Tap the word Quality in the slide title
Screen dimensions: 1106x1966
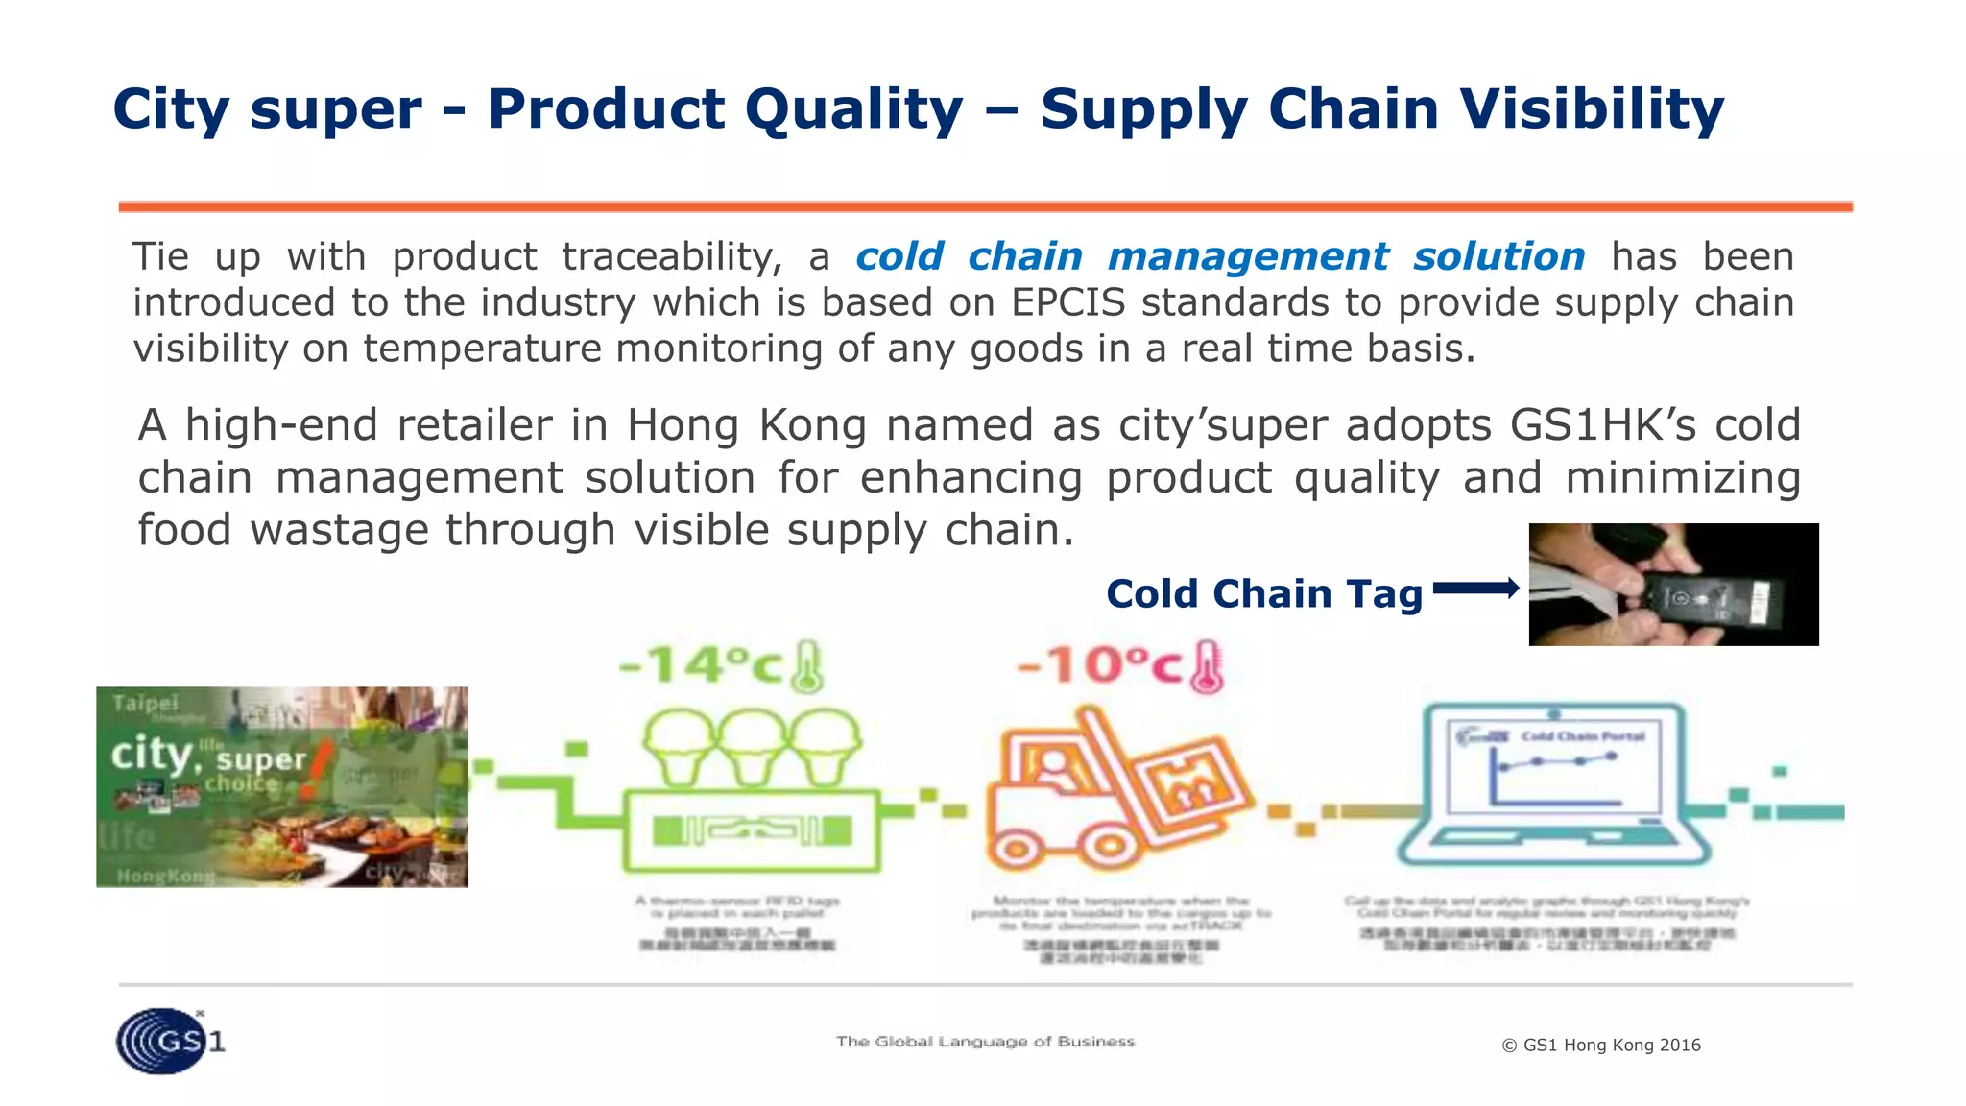pyautogui.click(x=853, y=108)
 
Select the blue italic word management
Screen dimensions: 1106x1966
pyautogui.click(x=1247, y=256)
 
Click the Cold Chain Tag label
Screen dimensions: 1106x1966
pyautogui.click(x=1263, y=593)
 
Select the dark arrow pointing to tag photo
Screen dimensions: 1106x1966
pyautogui.click(x=1475, y=589)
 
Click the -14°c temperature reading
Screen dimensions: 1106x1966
pyautogui.click(x=700, y=665)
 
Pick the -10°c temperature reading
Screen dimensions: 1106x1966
pyautogui.click(x=1099, y=665)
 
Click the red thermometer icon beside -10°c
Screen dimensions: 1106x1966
pyautogui.click(x=1207, y=667)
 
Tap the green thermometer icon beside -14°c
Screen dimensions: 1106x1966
pyautogui.click(x=806, y=667)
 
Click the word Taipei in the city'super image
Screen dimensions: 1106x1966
pyautogui.click(x=145, y=703)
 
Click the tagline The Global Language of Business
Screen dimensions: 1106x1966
pyautogui.click(x=985, y=1042)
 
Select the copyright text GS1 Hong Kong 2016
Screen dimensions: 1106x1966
pyautogui.click(x=1600, y=1045)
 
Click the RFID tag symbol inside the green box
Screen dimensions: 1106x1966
pyautogui.click(x=752, y=830)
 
